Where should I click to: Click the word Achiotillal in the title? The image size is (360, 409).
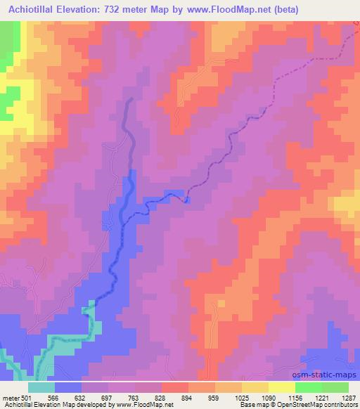pyautogui.click(x=33, y=8)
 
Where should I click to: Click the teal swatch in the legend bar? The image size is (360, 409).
pyautogui.click(x=41, y=387)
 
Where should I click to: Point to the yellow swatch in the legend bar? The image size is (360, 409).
pyautogui.click(x=281, y=387)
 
